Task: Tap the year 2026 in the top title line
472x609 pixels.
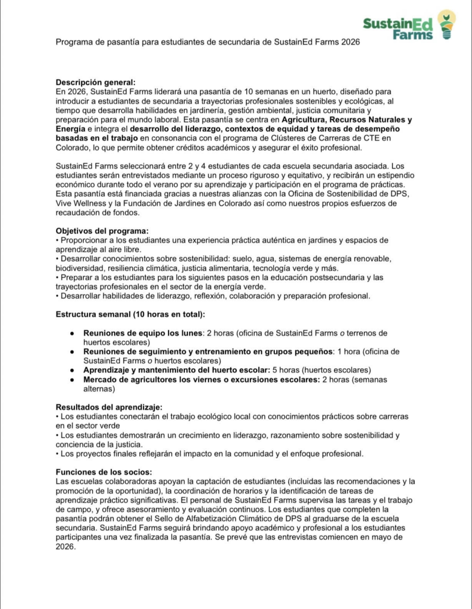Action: coord(349,43)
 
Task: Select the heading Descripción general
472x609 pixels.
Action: coord(95,82)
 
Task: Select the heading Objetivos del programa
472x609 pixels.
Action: coord(102,231)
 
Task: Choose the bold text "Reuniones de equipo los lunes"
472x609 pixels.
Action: coord(143,333)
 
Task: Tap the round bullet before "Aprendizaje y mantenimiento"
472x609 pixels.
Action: coord(71,370)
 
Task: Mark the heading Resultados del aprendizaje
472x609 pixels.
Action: coord(108,407)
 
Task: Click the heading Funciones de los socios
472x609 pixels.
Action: coord(103,472)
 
